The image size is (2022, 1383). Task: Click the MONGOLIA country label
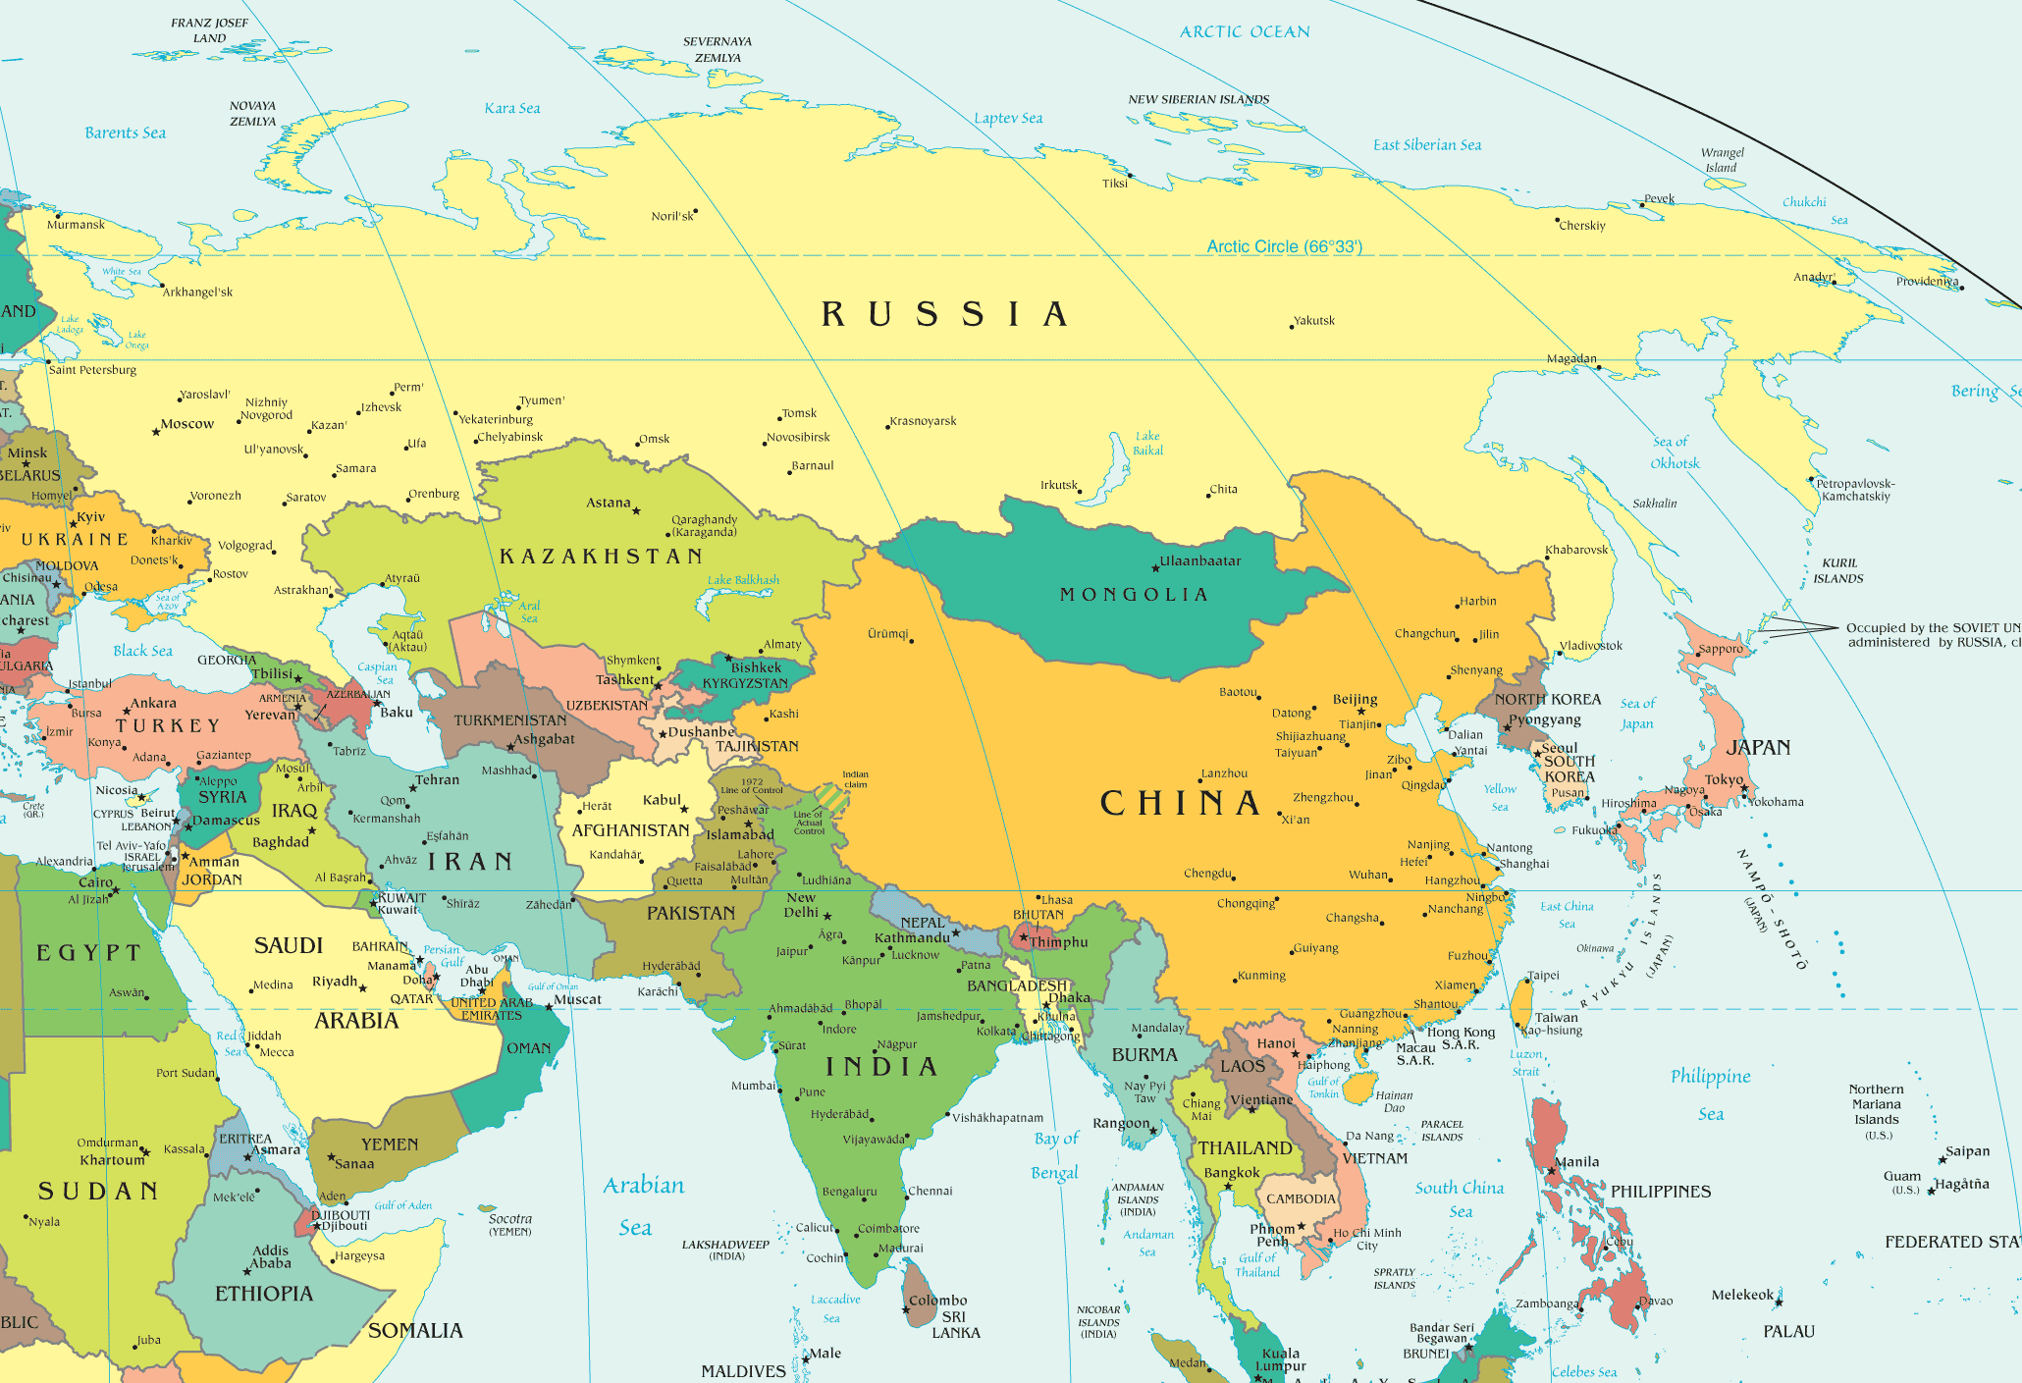point(1134,595)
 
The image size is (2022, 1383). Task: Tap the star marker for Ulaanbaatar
point(1155,568)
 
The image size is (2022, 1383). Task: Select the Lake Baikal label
point(1147,444)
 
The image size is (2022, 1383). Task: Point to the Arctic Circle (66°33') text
point(1284,246)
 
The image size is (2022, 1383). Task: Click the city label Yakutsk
point(1314,321)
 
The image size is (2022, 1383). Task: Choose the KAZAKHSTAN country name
point(602,557)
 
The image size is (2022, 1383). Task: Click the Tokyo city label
point(1724,779)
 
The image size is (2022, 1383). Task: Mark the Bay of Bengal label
point(1055,1155)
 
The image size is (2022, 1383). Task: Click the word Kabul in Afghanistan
point(662,800)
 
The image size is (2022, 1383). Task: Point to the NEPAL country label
point(923,923)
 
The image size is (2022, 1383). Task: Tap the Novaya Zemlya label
point(252,114)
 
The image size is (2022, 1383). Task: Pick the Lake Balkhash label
point(743,580)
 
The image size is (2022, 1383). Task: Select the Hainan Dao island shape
point(1357,1087)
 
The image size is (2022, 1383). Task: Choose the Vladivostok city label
point(1590,646)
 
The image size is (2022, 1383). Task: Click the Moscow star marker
point(155,432)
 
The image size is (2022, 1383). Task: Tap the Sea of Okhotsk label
point(1674,452)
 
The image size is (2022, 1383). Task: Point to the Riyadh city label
point(335,982)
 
